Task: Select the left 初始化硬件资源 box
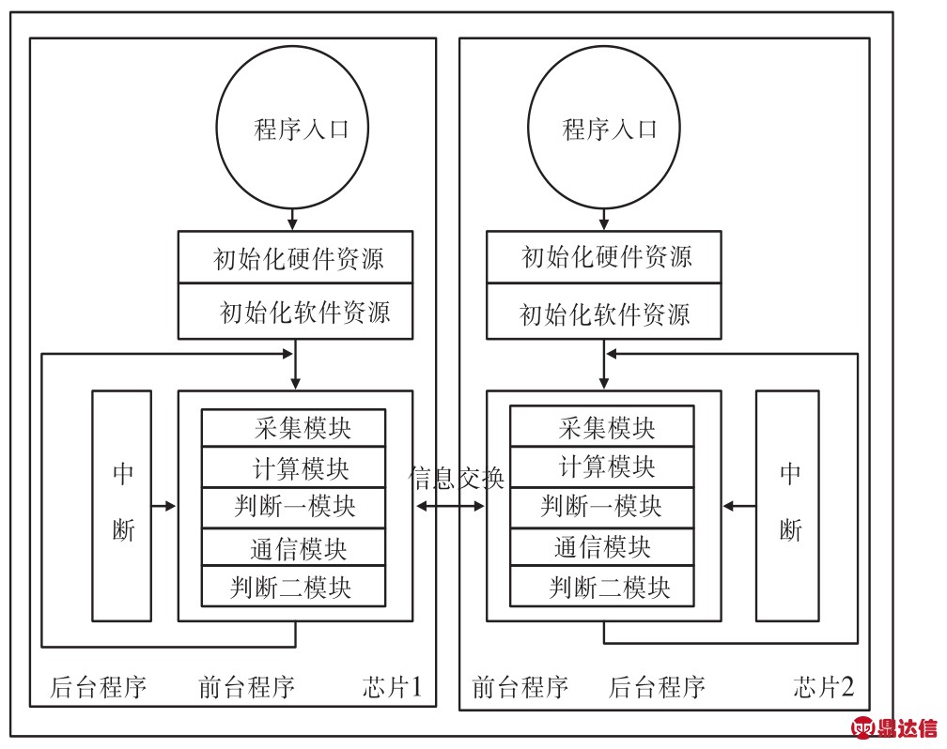[295, 257]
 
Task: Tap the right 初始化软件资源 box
[604, 312]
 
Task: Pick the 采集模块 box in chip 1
[293, 428]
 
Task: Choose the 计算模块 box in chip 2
[602, 466]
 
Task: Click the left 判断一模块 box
[293, 508]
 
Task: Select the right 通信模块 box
[602, 547]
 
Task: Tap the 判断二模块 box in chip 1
[293, 586]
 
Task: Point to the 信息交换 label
[456, 478]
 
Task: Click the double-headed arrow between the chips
[450, 506]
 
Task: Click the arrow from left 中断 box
[163, 506]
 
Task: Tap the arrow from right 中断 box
[739, 506]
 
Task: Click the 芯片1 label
[392, 687]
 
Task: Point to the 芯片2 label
[824, 687]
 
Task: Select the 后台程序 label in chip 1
[99, 687]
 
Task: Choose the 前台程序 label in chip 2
[520, 687]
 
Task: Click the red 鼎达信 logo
[894, 727]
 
